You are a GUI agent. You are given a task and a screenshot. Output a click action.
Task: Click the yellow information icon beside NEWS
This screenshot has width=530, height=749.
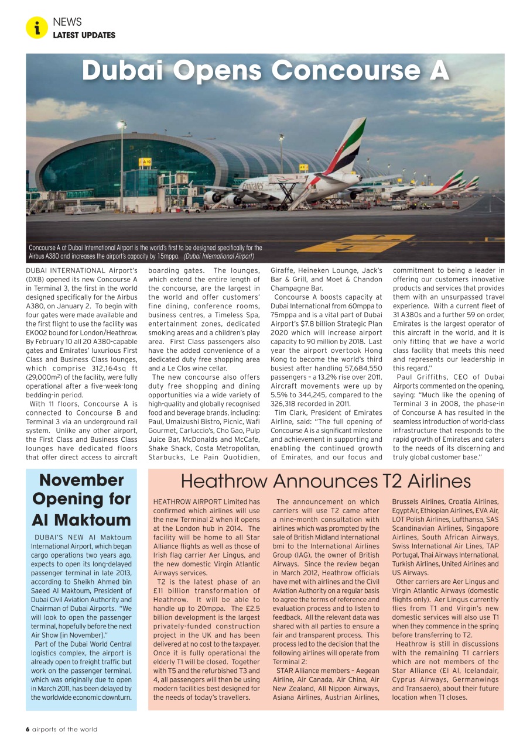[x=37, y=28]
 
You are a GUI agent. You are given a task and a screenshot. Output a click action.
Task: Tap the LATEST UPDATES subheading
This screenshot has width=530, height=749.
[x=84, y=35]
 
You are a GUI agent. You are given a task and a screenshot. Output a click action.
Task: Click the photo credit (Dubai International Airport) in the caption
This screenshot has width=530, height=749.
[x=218, y=256]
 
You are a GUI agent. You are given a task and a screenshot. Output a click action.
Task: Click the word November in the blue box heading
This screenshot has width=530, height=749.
[x=81, y=480]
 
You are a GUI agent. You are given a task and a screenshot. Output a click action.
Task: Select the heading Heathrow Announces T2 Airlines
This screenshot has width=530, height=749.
[x=326, y=481]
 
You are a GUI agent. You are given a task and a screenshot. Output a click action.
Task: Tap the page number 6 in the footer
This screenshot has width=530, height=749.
[x=28, y=729]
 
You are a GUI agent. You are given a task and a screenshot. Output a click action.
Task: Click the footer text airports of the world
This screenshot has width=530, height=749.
[x=65, y=729]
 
